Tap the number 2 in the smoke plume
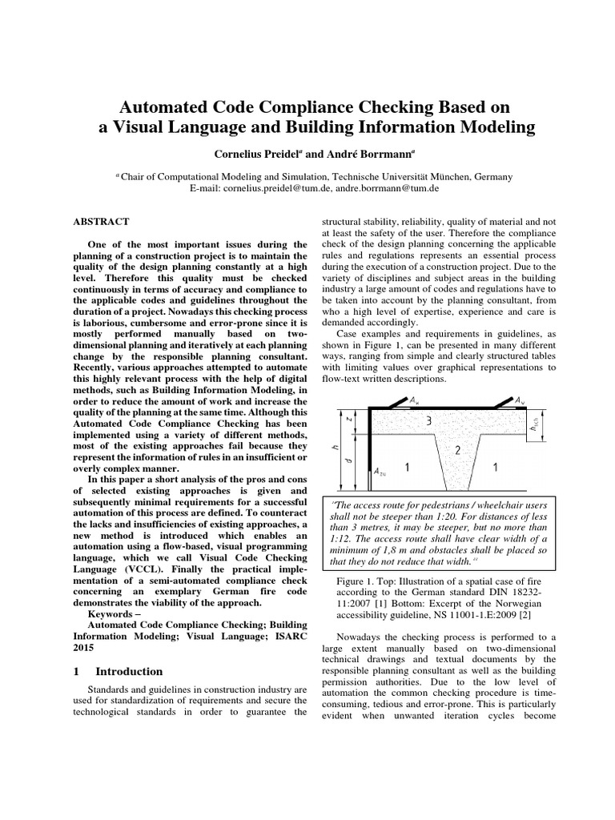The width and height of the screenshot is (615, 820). pyautogui.click(x=457, y=451)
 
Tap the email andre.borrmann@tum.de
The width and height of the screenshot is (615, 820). pyautogui.click(x=382, y=187)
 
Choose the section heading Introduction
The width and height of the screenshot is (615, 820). pyautogui.click(x=129, y=671)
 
